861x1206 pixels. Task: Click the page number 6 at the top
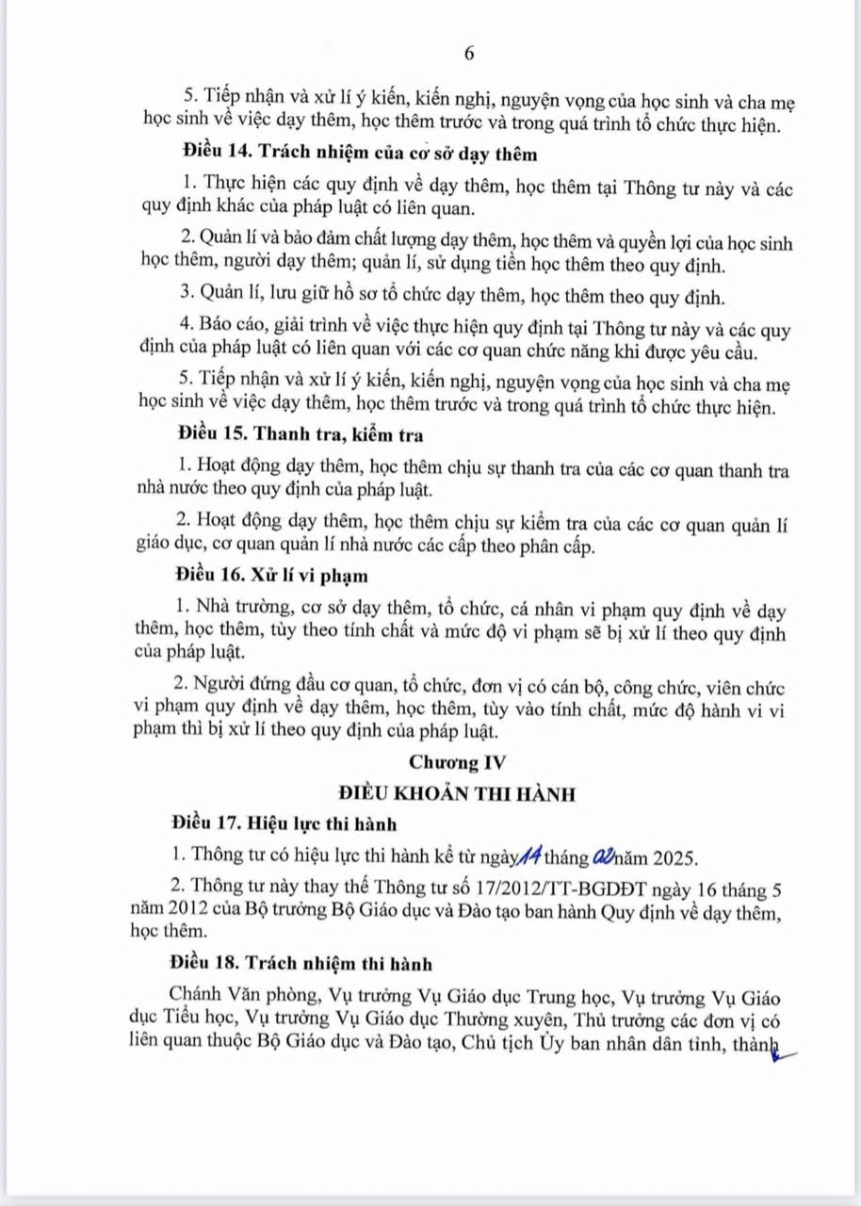tap(469, 54)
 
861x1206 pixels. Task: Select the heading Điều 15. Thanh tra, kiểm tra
tap(299, 434)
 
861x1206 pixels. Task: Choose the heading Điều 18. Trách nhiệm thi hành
tap(301, 964)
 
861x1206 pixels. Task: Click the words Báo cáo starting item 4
tap(227, 332)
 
